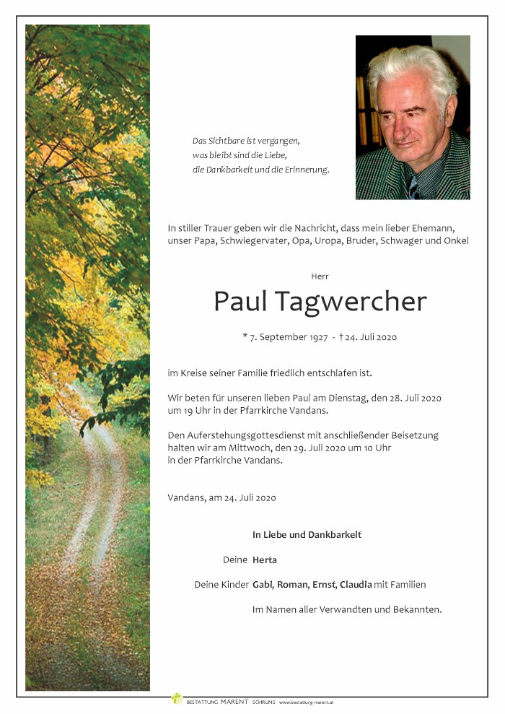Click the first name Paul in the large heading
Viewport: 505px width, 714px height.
(237, 301)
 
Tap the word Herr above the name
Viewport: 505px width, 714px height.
(320, 276)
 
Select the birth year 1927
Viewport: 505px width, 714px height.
(317, 337)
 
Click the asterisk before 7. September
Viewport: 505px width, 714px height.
(245, 336)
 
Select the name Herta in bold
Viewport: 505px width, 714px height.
(265, 560)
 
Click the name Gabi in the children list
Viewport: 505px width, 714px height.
(263, 585)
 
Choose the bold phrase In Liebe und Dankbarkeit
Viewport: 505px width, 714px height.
(307, 535)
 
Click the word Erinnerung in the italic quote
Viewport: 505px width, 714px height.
(308, 170)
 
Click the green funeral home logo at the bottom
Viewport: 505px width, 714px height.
(177, 699)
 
